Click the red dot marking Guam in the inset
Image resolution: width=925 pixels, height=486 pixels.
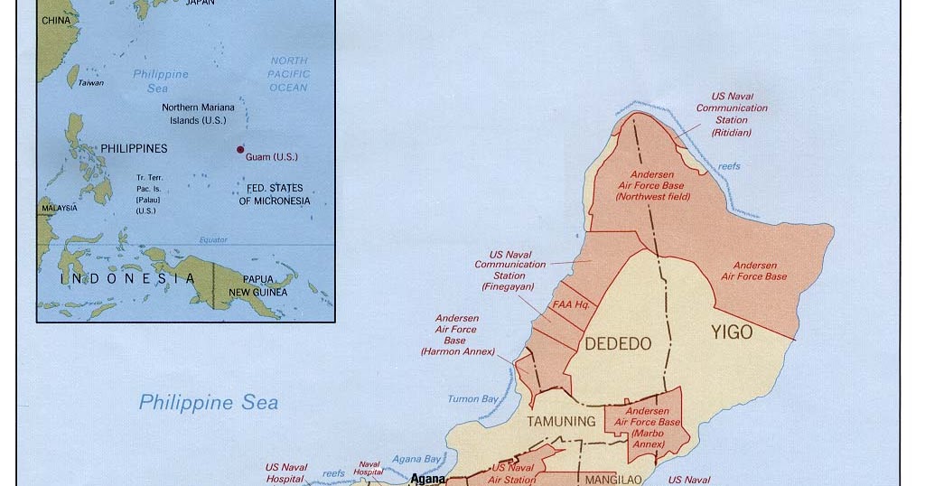tap(240, 149)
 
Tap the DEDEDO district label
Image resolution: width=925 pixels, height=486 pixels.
tap(618, 343)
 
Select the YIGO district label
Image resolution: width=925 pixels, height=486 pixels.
tap(731, 332)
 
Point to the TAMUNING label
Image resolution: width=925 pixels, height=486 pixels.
tap(562, 421)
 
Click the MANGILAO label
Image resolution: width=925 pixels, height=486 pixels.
tap(612, 480)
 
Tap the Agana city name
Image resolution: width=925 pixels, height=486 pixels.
tap(427, 479)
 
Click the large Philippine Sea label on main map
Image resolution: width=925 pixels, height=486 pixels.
tap(208, 403)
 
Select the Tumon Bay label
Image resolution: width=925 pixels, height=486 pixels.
tap(472, 399)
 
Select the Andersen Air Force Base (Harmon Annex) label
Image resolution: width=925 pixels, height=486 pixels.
tap(456, 334)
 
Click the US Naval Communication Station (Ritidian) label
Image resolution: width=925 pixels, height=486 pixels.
tap(731, 114)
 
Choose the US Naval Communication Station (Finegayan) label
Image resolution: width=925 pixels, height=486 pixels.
tap(509, 270)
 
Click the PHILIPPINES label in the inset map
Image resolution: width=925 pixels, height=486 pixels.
tap(134, 148)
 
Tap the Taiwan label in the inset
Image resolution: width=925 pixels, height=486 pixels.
tap(90, 83)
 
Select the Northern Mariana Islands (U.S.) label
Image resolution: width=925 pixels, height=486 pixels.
tap(198, 114)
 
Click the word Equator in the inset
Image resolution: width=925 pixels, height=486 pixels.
tap(213, 240)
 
